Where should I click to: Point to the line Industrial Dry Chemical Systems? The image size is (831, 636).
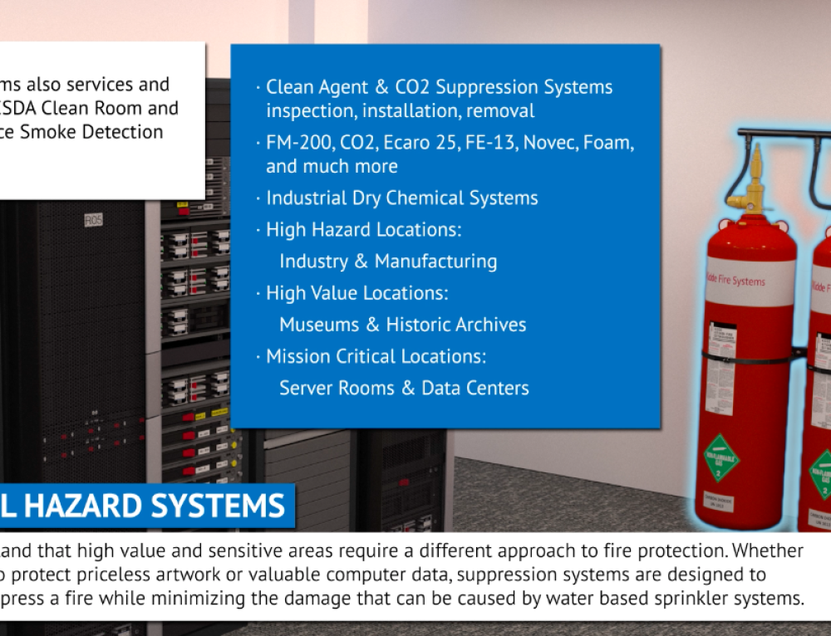(x=401, y=198)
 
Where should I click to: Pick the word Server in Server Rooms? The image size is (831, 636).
(x=305, y=388)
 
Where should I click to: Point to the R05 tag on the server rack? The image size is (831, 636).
(x=92, y=221)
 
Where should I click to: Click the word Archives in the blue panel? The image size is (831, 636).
(x=489, y=325)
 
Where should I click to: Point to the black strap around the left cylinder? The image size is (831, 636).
(x=748, y=358)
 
